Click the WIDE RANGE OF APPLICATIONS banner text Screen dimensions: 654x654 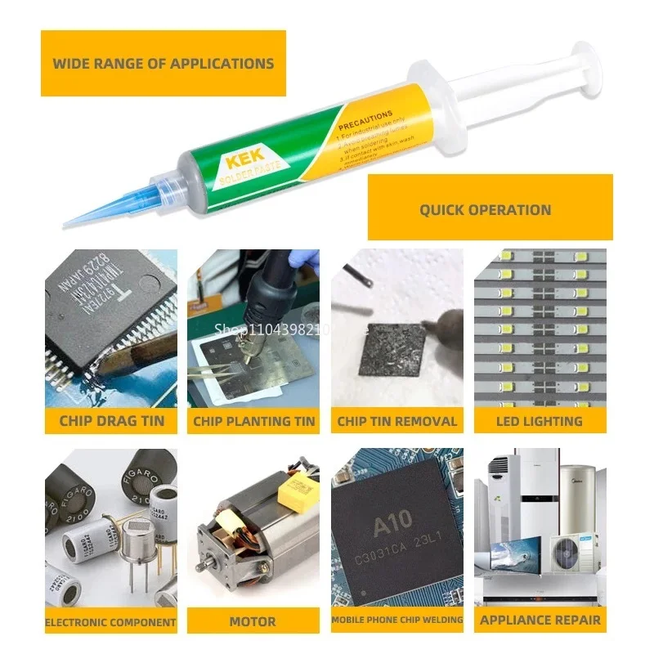pyautogui.click(x=163, y=63)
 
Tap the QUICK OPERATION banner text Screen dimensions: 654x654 pyautogui.click(x=486, y=210)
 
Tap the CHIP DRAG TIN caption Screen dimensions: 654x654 pyautogui.click(x=112, y=422)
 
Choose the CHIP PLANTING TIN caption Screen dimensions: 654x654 pyautogui.click(x=254, y=422)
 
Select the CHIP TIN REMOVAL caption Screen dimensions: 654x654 pyautogui.click(x=397, y=422)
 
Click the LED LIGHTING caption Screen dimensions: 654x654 pyautogui.click(x=540, y=422)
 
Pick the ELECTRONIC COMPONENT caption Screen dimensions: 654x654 pyautogui.click(x=111, y=621)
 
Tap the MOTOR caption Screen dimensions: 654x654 pyautogui.click(x=253, y=621)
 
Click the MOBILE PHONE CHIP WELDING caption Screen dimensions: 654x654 pyautogui.click(x=397, y=620)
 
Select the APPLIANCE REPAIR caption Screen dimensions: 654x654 pyautogui.click(x=540, y=620)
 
